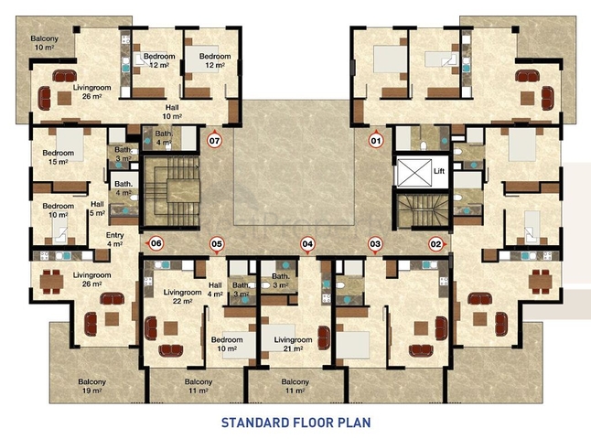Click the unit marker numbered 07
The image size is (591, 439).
[214, 141]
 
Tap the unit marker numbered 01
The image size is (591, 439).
[376, 141]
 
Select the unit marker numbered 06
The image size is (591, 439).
[156, 243]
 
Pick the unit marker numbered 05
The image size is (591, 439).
[217, 244]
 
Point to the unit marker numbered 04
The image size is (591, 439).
[307, 244]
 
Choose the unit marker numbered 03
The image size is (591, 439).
[375, 244]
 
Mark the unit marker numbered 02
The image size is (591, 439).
[436, 244]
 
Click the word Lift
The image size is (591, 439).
[439, 171]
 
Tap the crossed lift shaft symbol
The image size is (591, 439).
[414, 173]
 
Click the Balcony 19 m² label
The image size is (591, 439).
[92, 386]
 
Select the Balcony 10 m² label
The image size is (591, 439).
[45, 43]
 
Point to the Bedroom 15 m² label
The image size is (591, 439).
[58, 157]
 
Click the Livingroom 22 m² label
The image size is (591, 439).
[182, 296]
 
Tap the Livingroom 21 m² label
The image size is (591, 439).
[293, 344]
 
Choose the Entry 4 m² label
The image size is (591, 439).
[114, 240]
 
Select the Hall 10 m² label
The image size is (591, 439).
[172, 112]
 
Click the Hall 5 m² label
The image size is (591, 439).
[97, 209]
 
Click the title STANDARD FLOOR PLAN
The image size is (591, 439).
[295, 423]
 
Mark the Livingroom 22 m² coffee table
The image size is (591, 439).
[171, 328]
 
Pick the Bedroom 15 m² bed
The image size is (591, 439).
[70, 145]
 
